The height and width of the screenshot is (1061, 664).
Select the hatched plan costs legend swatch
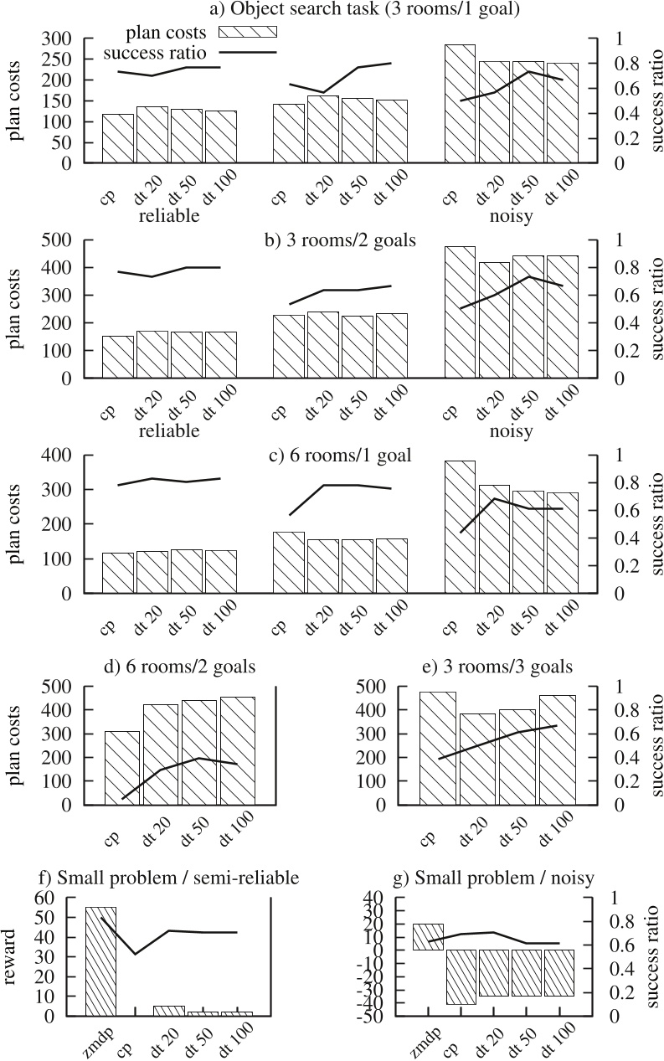point(247,32)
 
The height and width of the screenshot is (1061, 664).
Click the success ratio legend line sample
point(247,52)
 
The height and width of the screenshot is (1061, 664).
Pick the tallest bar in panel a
point(460,104)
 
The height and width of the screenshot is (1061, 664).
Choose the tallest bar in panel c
point(460,527)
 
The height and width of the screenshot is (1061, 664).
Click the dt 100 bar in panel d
point(238,750)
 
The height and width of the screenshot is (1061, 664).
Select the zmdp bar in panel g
point(429,937)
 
